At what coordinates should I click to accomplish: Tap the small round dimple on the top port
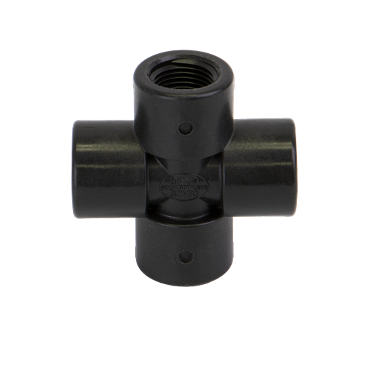tap(186, 128)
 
